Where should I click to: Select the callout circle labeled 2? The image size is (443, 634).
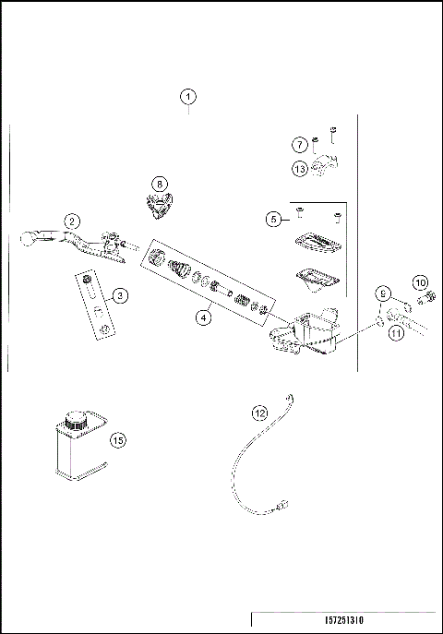[x=71, y=221]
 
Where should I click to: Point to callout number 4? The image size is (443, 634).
[x=204, y=317]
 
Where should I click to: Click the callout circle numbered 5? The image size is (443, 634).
[x=273, y=219]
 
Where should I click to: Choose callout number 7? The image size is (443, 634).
[x=299, y=145]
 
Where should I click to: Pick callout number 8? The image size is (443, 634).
[x=162, y=184]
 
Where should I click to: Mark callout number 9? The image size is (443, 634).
[x=383, y=294]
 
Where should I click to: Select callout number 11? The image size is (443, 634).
[x=397, y=334]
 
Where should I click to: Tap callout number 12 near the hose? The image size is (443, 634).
[x=260, y=413]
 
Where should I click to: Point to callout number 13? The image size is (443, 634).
[x=299, y=169]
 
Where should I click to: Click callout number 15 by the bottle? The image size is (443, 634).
[x=117, y=440]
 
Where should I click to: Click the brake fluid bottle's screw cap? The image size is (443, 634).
[x=74, y=421]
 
